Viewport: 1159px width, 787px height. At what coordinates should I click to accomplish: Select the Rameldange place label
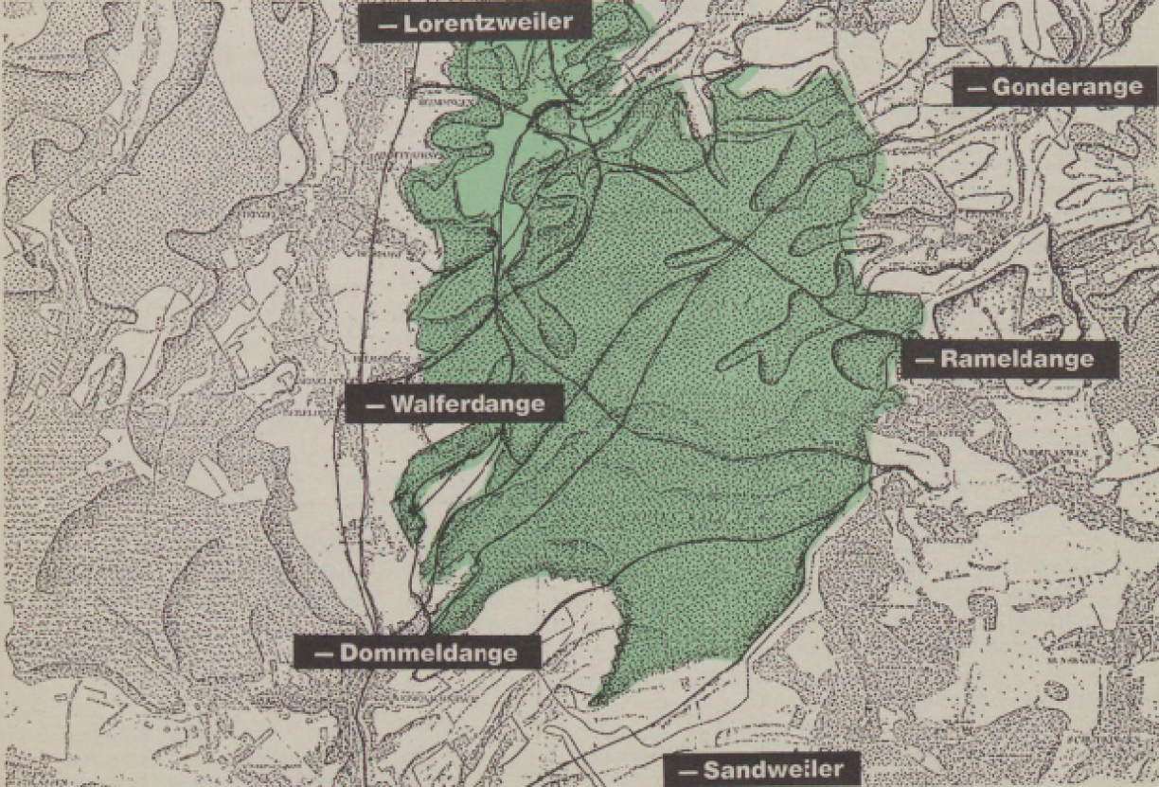pyautogui.click(x=1009, y=359)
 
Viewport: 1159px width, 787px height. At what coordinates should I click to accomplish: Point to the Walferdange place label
pyautogui.click(x=455, y=403)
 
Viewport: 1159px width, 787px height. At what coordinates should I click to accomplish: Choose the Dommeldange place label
pyautogui.click(x=417, y=652)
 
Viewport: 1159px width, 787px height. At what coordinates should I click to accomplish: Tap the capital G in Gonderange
pyautogui.click(x=1002, y=88)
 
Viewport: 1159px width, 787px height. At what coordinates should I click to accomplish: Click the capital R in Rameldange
pyautogui.click(x=949, y=360)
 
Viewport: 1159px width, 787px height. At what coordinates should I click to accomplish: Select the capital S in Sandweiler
pyautogui.click(x=711, y=770)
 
